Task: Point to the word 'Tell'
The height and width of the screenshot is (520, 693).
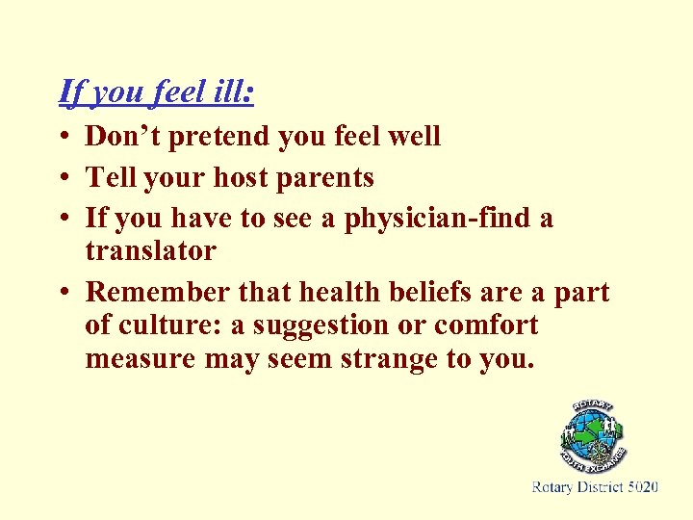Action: point(107,178)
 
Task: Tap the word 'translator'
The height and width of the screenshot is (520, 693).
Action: point(150,251)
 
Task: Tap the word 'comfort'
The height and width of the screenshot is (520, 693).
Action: point(486,326)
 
